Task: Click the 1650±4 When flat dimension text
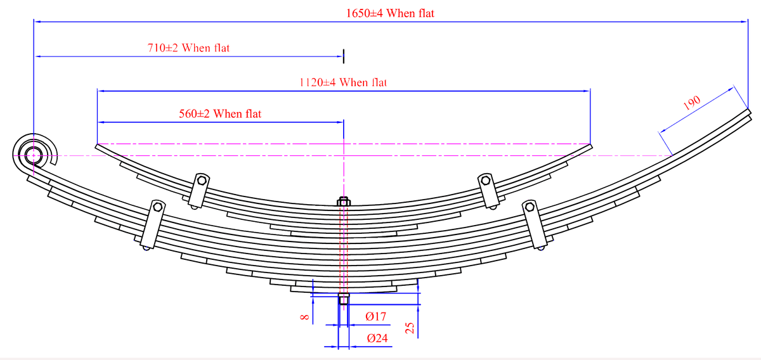(x=390, y=13)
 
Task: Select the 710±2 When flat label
(x=188, y=48)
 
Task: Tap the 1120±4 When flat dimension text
(x=343, y=82)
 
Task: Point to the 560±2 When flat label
(x=220, y=114)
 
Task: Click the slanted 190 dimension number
(x=692, y=103)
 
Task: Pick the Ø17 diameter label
(x=375, y=317)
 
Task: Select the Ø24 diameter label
(x=377, y=338)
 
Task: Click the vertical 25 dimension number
(x=410, y=328)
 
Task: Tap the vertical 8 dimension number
(x=305, y=317)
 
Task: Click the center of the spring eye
(x=34, y=155)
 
